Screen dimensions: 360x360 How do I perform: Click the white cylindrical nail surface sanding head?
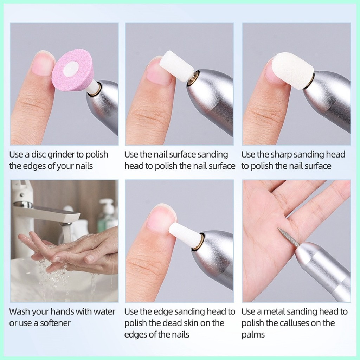click(176, 66)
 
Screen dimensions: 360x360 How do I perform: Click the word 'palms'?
click(253, 335)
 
